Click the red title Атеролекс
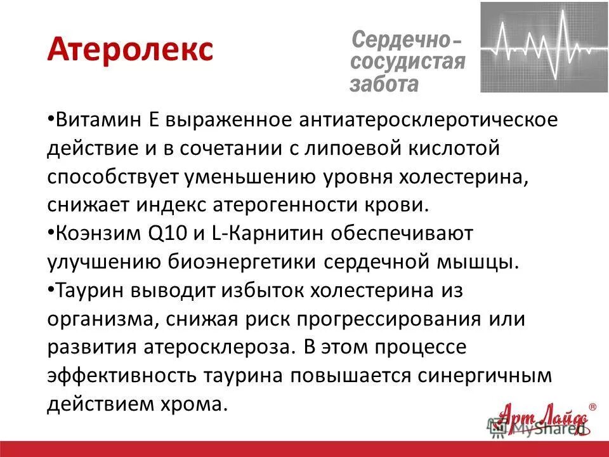click(129, 50)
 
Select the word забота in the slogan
click(384, 83)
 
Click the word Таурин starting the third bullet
click(89, 290)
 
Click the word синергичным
click(485, 374)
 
